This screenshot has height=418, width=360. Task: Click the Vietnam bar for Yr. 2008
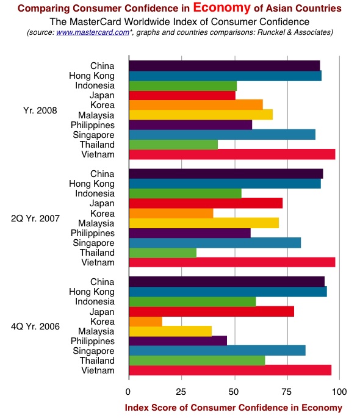coord(232,154)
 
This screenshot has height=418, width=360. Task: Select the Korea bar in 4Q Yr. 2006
coord(145,322)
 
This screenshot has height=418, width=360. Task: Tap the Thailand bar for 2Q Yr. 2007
coord(163,253)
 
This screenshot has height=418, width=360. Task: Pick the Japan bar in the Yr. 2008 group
coord(182,95)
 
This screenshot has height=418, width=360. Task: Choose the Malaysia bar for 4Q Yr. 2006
coord(170,331)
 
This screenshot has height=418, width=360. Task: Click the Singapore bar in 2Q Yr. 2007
coord(215,243)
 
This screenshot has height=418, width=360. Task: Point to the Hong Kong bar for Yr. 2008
coord(225,76)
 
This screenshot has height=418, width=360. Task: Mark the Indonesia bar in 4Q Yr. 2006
coord(192,302)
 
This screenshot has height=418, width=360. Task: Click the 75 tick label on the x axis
coord(286,392)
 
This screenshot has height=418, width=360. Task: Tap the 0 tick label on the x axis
coord(128,392)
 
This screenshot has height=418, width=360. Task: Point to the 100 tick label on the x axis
coord(339,392)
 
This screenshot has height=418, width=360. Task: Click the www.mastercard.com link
coord(93,32)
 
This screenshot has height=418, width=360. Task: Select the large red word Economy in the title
coord(221,7)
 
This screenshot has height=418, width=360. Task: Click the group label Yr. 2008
coord(40,110)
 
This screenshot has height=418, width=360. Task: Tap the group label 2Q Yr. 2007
coord(35,218)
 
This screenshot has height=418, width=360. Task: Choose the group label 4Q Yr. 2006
coord(35,326)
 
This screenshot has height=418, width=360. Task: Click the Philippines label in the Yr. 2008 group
coord(93,125)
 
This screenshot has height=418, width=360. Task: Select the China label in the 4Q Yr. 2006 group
coord(103,282)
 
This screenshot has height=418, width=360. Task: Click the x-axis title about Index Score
coord(234,408)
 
